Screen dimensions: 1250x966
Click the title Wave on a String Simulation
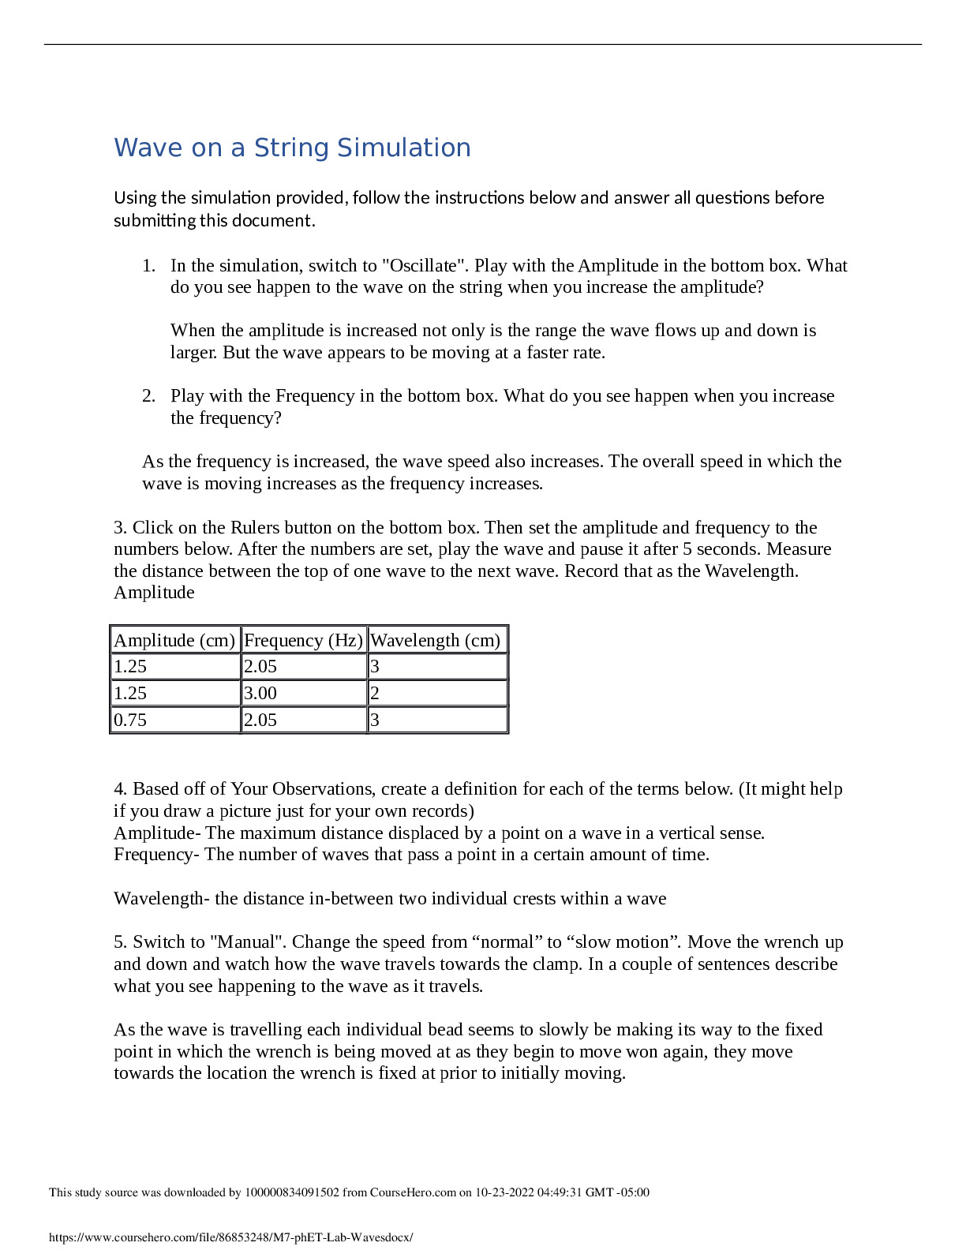[x=292, y=148]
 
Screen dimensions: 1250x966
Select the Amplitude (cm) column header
[x=174, y=640]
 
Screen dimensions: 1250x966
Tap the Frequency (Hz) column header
[x=303, y=640]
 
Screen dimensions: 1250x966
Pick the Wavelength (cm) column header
[x=435, y=640]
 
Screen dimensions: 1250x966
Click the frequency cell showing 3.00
[x=260, y=693]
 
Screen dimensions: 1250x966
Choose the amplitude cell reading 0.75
[x=130, y=720]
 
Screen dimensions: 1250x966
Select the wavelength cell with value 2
[x=375, y=693]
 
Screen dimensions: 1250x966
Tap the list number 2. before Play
[x=149, y=395]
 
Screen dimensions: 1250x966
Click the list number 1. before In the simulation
[x=149, y=265]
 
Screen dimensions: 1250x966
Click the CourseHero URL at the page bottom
[x=230, y=1237]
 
